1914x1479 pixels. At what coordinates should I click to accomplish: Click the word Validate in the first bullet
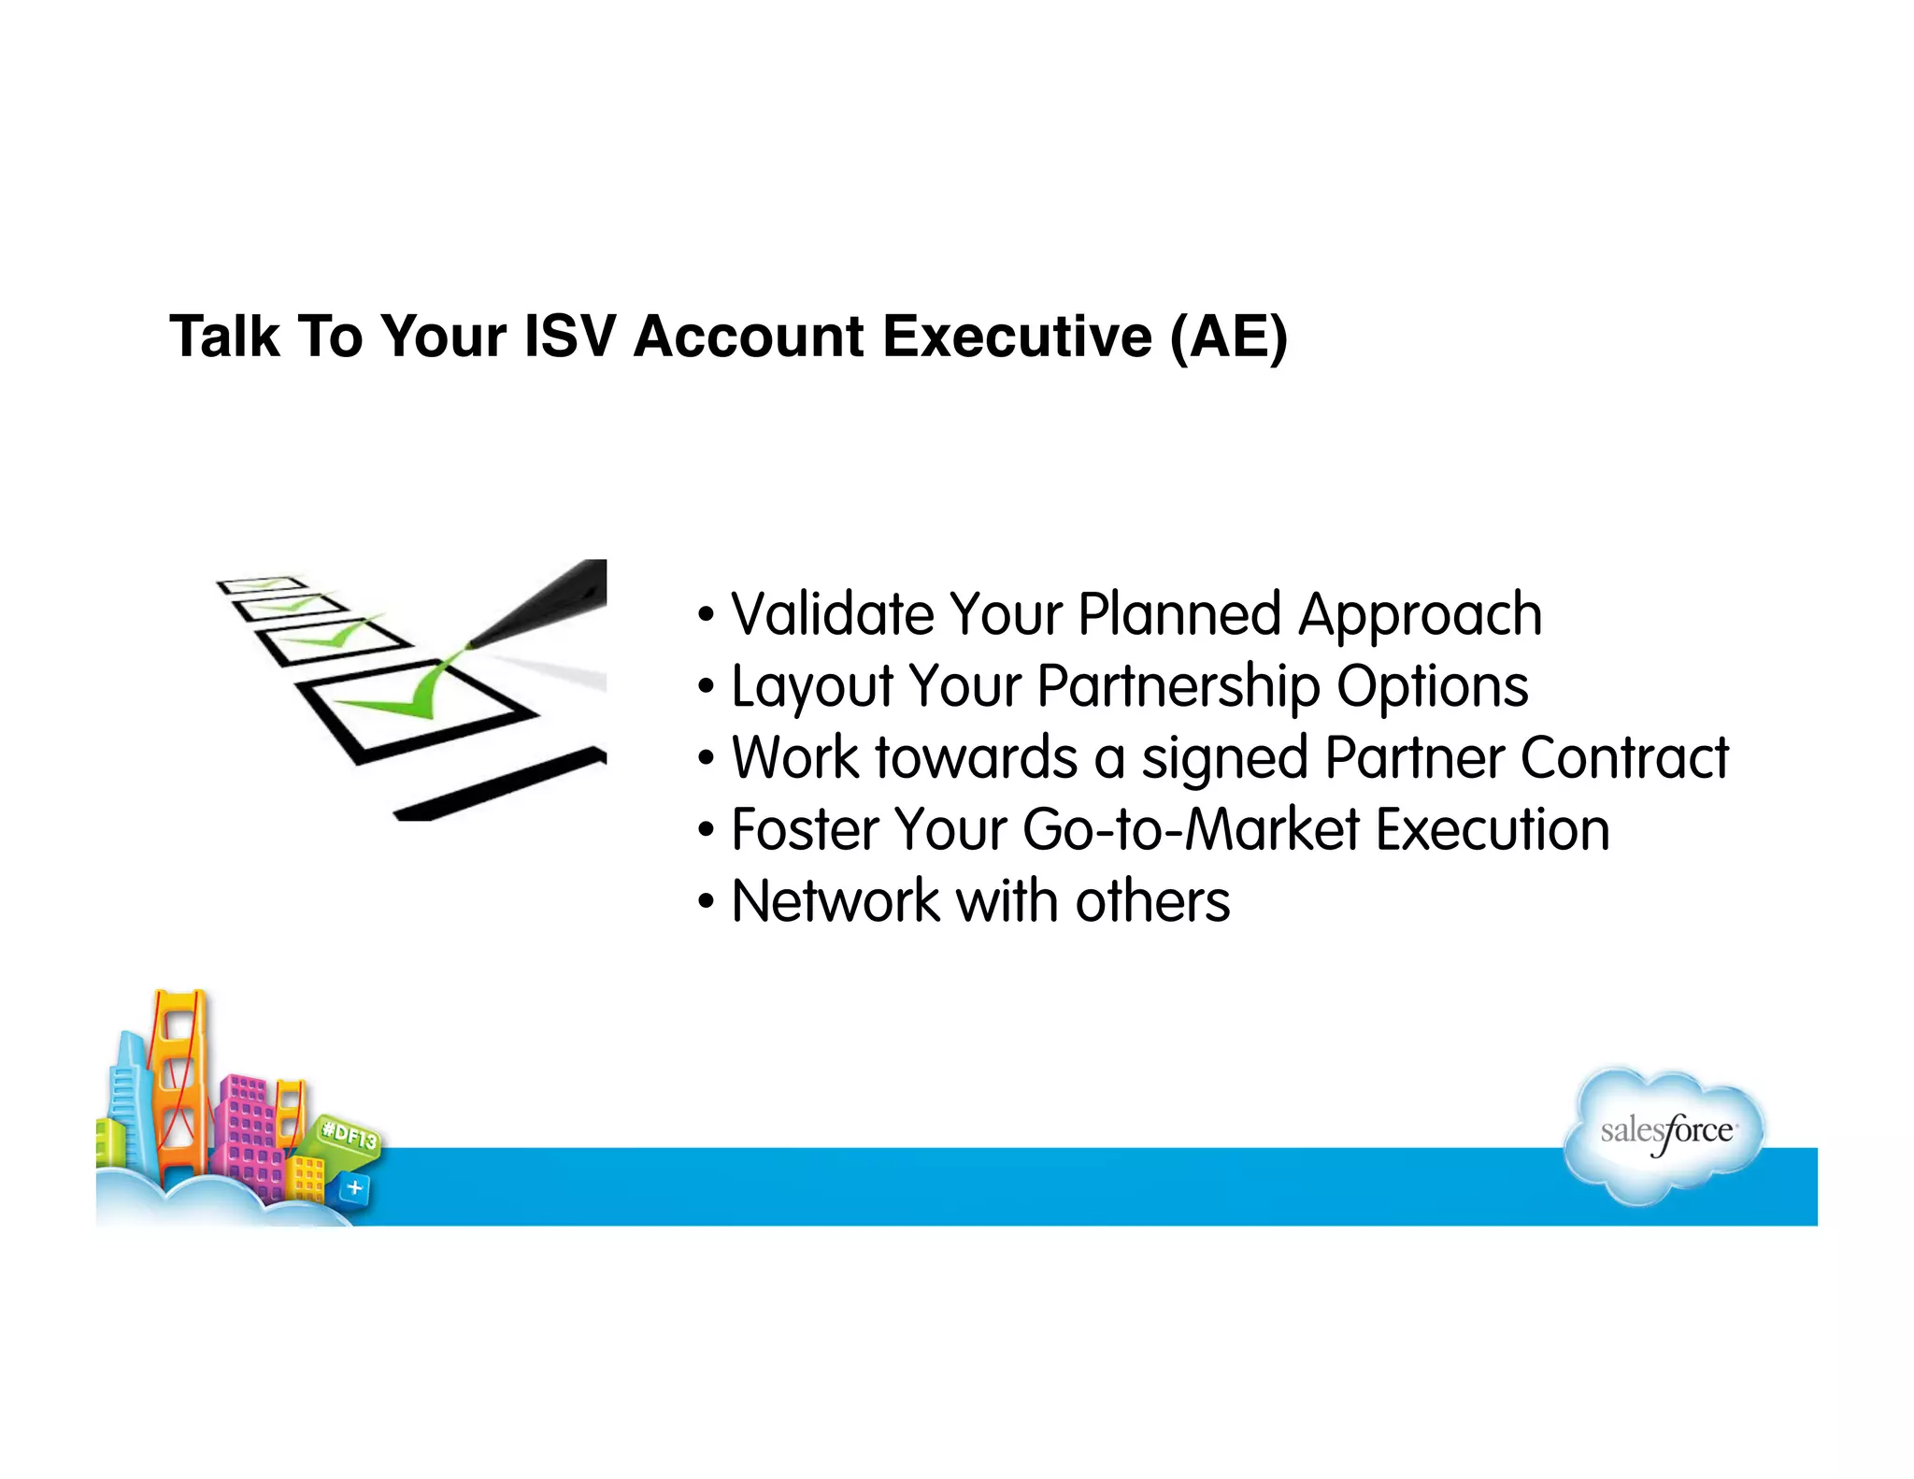(x=832, y=615)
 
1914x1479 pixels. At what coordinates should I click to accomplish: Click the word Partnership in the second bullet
(x=1178, y=688)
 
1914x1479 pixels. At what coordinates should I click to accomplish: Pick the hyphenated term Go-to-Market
(x=1191, y=830)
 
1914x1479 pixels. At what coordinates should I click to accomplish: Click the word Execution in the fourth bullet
(x=1493, y=830)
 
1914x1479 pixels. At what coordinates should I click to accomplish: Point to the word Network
(x=835, y=901)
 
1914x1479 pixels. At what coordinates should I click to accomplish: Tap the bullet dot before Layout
(x=707, y=688)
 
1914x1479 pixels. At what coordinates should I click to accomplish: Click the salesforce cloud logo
(x=1664, y=1133)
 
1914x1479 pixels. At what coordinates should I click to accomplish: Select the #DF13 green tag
(x=349, y=1136)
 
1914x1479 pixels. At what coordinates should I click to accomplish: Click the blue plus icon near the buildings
(x=354, y=1188)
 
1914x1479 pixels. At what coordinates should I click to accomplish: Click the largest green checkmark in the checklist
(x=402, y=696)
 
